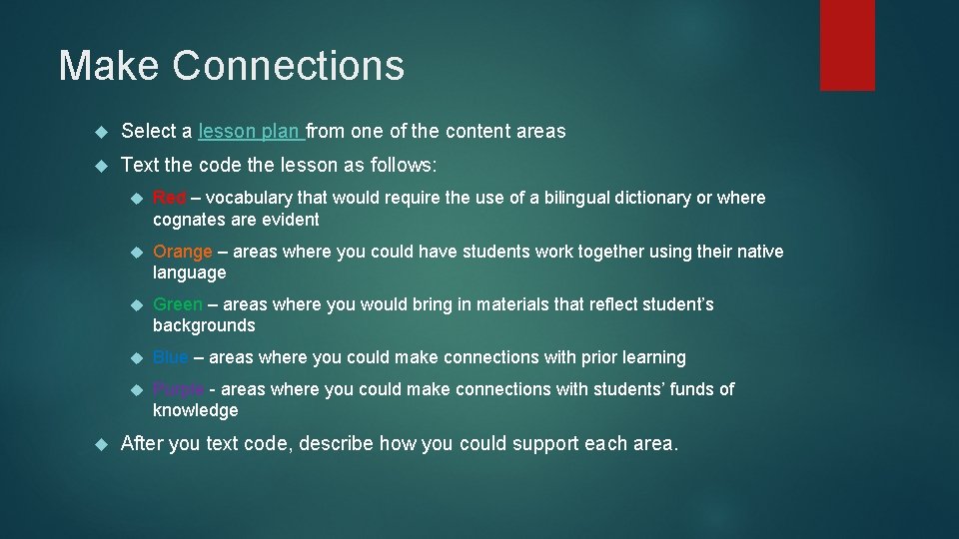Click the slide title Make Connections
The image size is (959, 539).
(x=231, y=66)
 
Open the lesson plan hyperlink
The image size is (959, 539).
(x=251, y=131)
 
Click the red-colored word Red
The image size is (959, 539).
(x=169, y=198)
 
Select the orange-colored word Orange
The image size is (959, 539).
(x=182, y=252)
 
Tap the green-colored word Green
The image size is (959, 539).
(x=178, y=304)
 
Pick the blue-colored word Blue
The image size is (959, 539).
(x=170, y=357)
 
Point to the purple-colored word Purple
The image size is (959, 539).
(x=179, y=389)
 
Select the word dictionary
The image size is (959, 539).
(x=654, y=198)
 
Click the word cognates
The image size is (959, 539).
(x=189, y=220)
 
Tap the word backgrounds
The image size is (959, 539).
(x=204, y=325)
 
